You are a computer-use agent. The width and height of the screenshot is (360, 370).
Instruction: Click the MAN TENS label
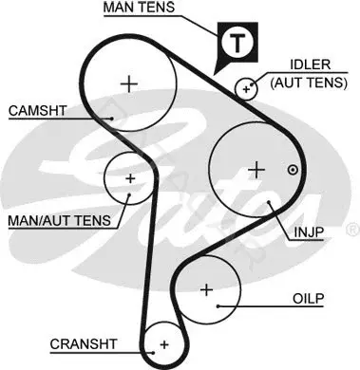139,7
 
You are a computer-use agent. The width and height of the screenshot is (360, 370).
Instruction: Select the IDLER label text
311,65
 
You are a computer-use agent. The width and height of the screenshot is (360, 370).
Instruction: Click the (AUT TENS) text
309,83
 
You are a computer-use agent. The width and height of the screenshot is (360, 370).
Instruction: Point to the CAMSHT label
38,111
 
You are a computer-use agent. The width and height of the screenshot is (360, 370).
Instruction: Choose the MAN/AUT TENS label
60,220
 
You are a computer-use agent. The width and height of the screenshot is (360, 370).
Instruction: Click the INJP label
309,232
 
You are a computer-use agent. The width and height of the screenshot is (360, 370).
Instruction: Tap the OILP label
309,299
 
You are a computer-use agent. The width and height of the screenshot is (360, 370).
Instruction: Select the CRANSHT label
84,344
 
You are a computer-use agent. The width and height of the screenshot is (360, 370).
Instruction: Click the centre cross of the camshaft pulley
129,84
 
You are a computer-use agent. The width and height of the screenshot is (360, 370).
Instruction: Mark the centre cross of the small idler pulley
246,89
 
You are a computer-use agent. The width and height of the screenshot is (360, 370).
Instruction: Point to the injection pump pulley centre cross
256,171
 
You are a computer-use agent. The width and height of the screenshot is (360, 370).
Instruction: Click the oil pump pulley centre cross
207,289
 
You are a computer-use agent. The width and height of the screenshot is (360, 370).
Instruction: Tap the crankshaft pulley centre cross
164,344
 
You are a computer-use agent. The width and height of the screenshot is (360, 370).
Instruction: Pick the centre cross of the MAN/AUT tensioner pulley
130,178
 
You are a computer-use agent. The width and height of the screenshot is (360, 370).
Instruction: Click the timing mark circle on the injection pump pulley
293,171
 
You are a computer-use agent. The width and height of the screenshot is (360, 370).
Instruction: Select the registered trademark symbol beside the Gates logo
353,230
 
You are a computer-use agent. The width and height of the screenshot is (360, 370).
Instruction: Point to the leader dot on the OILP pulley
218,306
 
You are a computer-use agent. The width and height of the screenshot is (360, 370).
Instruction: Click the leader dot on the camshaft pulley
112,119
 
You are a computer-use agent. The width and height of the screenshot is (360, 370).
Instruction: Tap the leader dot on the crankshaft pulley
153,353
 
